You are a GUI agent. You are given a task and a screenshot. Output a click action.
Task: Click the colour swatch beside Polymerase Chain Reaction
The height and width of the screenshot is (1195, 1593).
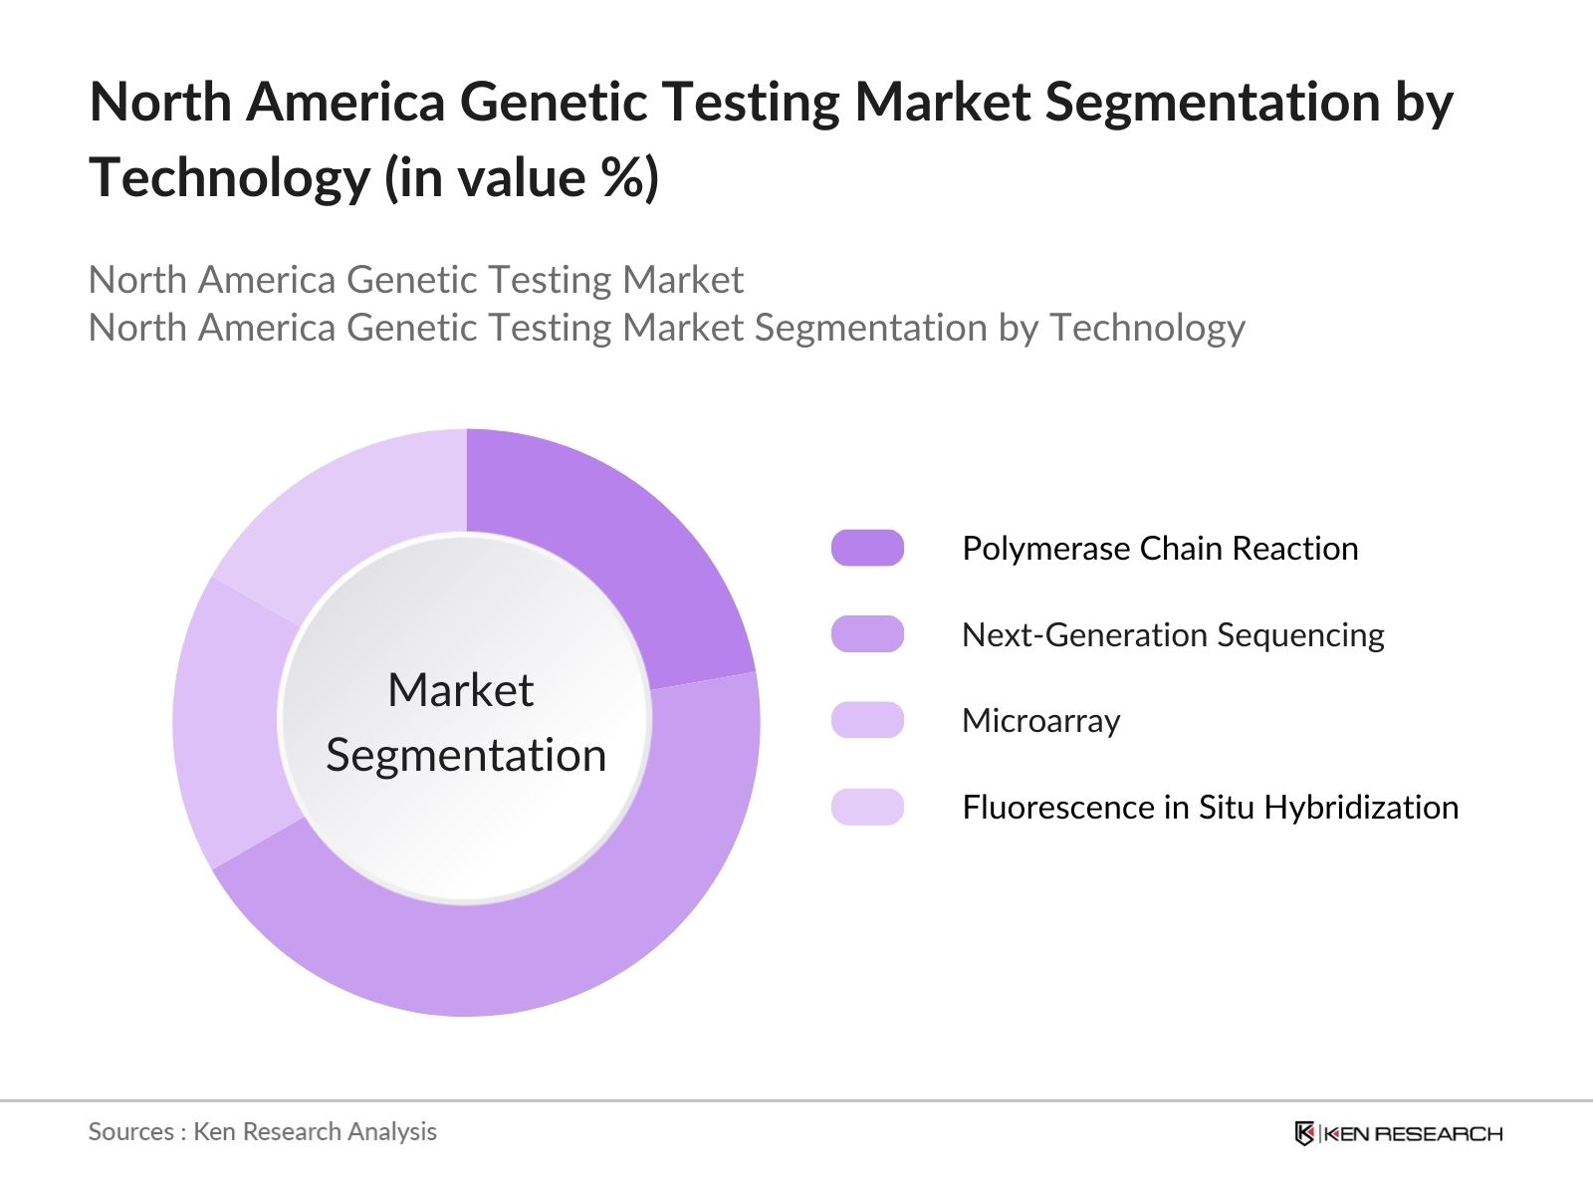pos(867,548)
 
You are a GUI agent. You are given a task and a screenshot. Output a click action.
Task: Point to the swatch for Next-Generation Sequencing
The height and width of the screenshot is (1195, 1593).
pos(867,634)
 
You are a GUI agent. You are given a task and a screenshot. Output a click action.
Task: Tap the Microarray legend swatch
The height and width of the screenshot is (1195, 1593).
pos(867,720)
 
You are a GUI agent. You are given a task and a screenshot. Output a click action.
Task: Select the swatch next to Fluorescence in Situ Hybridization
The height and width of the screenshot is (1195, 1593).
pos(867,807)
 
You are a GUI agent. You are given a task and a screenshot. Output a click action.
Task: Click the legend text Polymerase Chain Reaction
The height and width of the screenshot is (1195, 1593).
pos(1160,549)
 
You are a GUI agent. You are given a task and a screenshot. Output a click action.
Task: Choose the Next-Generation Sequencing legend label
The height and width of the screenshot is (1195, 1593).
pos(1173,635)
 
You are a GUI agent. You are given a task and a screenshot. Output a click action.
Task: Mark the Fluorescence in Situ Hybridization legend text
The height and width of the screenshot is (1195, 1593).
pos(1210,808)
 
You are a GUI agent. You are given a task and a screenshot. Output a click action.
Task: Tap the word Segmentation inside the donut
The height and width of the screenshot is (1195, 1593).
pos(466,756)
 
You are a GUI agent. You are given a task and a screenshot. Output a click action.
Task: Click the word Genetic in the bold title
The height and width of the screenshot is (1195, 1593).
pos(553,102)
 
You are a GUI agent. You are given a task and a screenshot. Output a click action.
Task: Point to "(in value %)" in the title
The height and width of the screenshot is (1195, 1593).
pos(522,178)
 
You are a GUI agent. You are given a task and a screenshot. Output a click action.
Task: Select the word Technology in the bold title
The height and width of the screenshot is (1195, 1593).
pos(229,179)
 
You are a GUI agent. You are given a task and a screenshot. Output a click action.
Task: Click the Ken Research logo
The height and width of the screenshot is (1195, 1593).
pos(1399,1133)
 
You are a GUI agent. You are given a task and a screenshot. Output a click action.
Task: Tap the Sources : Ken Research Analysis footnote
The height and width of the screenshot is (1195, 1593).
pos(262,1132)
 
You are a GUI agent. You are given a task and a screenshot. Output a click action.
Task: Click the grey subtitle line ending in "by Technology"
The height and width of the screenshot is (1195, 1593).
pos(666,328)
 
